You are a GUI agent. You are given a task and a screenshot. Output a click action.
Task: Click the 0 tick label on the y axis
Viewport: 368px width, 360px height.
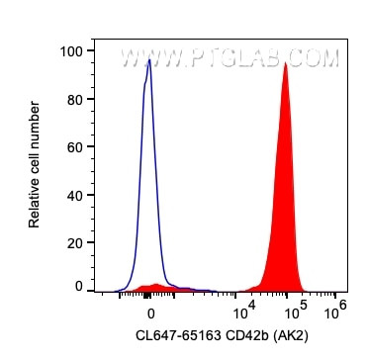click(x=77, y=286)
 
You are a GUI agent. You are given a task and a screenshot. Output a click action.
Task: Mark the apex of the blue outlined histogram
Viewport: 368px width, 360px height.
click(x=148, y=59)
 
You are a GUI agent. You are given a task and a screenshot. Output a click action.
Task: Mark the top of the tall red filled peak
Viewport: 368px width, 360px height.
click(x=285, y=63)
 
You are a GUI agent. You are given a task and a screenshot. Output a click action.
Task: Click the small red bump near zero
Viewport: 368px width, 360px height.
click(x=156, y=286)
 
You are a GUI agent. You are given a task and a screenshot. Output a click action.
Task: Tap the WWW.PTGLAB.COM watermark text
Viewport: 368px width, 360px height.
click(x=230, y=59)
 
